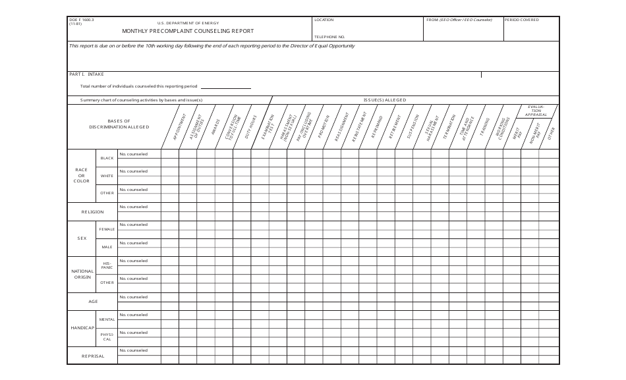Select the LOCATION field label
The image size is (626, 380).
pos(324,20)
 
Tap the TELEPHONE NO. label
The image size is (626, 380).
pos(329,37)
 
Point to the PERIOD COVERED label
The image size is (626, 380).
pos(522,20)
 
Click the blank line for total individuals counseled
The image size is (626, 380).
pos(225,87)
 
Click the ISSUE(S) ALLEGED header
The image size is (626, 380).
pos(385,100)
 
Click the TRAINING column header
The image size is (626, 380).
pos(486,125)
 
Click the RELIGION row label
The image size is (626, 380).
pos(92,211)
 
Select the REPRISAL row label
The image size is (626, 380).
pos(92,356)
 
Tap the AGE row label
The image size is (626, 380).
pos(93,302)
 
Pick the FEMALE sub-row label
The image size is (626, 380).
pos(107,229)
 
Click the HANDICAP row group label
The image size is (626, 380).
pos(83,328)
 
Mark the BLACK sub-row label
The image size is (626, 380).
pos(107,158)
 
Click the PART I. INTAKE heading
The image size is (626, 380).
pos(86,74)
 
